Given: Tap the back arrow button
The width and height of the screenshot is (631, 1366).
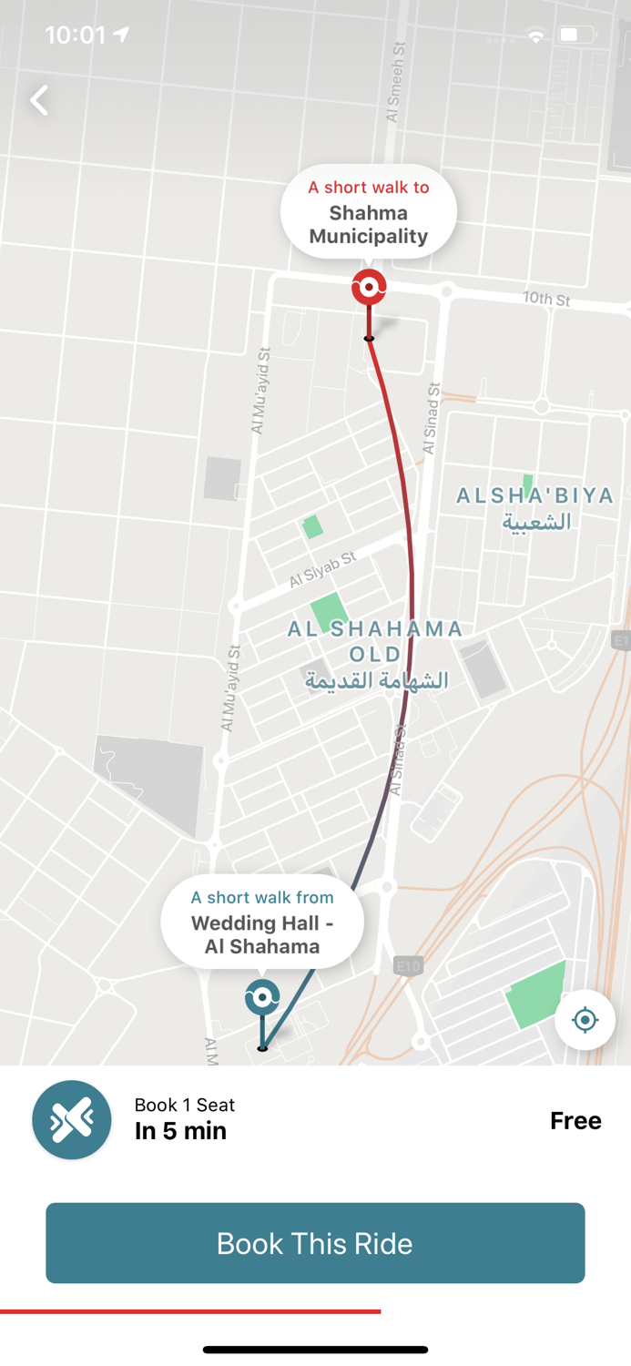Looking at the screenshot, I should [x=39, y=100].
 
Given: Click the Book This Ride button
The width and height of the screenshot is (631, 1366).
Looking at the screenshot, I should [x=315, y=1243].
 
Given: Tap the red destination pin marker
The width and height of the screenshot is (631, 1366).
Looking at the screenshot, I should [x=369, y=288].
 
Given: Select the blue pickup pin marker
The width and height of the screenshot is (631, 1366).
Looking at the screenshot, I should [x=262, y=998].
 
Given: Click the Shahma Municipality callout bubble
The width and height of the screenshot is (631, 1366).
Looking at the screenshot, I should [x=368, y=212].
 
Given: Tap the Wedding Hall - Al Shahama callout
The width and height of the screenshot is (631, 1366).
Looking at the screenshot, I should [x=262, y=923].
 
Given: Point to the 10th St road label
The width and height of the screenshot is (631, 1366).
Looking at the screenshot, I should [x=546, y=299].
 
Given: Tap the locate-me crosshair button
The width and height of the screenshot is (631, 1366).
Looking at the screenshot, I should [x=585, y=1020].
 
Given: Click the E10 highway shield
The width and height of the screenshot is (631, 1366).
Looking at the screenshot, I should [x=408, y=965].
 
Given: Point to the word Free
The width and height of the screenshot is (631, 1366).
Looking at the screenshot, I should [x=575, y=1120].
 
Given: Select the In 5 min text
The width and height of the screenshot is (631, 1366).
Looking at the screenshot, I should [x=180, y=1131].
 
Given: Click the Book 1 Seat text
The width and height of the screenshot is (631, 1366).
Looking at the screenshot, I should [x=185, y=1105].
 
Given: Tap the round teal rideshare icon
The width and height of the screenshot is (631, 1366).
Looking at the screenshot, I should [x=72, y=1119].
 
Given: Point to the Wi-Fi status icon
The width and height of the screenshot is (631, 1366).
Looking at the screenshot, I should [x=536, y=36].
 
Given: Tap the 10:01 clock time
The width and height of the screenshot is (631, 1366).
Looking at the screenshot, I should [x=76, y=35].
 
